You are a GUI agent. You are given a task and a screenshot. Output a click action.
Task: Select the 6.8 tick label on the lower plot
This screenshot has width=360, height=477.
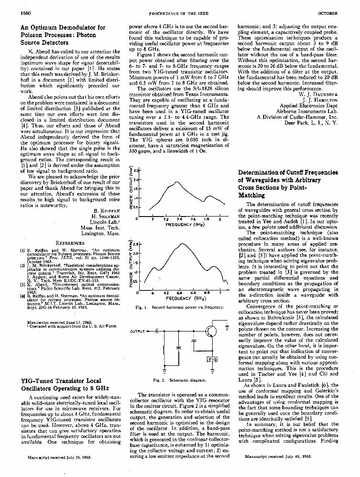[206, 293]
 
